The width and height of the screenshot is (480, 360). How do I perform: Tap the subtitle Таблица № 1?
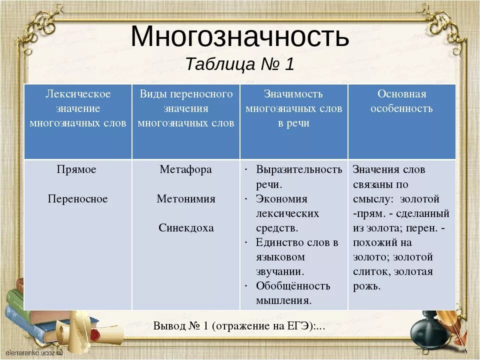239,64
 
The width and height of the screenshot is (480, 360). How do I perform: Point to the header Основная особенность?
401,101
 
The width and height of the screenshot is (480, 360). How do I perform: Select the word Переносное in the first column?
77,199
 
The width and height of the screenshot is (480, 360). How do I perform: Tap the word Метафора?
185,169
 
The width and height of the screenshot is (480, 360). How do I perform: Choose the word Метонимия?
185,199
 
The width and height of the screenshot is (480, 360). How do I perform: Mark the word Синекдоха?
185,228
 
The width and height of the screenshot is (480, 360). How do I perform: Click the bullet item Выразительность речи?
298,176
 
